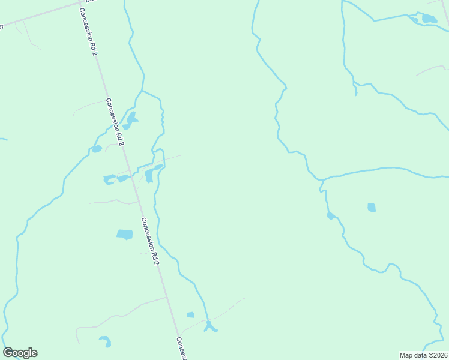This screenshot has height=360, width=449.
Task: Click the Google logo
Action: click(20, 353)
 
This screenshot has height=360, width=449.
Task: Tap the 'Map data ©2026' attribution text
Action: click(424, 355)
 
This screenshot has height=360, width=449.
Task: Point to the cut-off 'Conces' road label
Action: click(181, 349)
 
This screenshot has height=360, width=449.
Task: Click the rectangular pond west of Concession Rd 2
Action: click(124, 234)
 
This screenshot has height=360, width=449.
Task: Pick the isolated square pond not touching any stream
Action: click(372, 208)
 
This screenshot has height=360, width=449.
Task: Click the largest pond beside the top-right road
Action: click(429, 19)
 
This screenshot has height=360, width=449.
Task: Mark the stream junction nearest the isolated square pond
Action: click(322, 179)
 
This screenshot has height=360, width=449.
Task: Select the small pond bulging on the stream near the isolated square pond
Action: click(330, 215)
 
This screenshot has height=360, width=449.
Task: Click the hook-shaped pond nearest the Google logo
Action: click(106, 341)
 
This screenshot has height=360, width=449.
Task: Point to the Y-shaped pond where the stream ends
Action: click(209, 327)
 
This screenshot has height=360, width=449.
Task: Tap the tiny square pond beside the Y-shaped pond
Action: click(190, 314)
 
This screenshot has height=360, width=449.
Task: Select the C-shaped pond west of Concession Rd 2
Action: click(109, 179)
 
